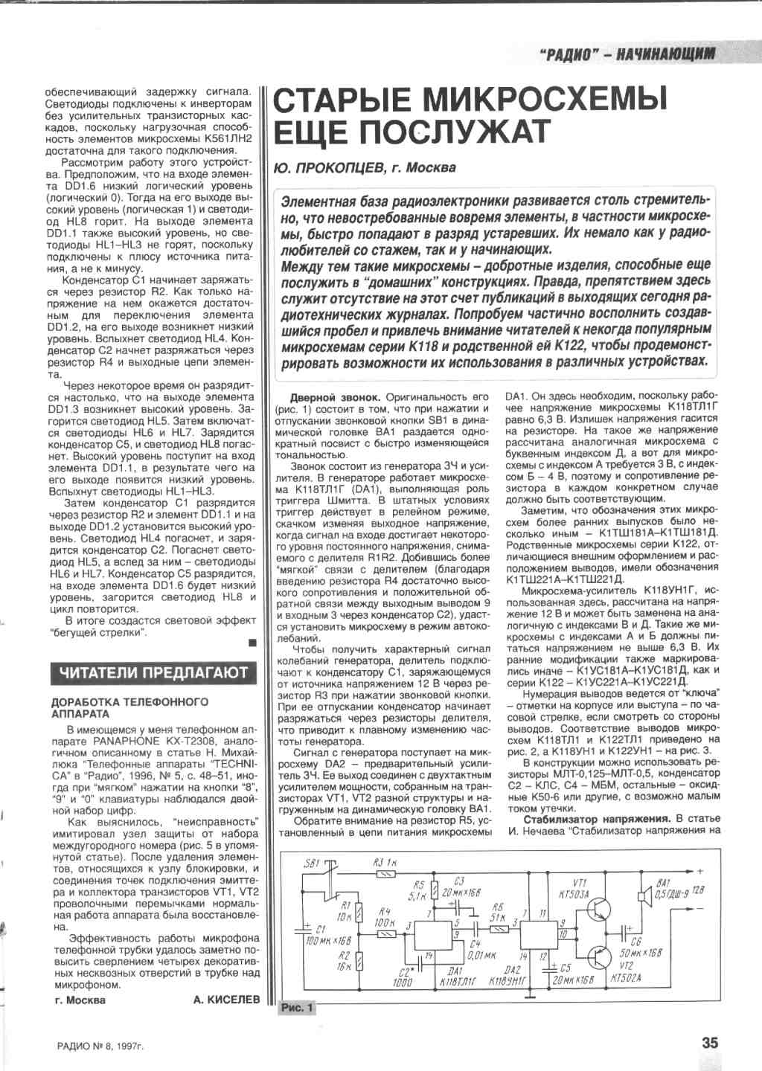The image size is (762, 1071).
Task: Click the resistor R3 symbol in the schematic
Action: (386, 875)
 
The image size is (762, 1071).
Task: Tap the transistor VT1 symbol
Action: (600, 907)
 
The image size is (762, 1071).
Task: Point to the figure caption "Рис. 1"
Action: (297, 1008)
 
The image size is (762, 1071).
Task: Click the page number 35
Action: (709, 1042)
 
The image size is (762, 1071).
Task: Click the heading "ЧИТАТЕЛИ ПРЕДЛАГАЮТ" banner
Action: (153, 672)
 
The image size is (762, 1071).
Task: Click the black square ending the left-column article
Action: (252, 641)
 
